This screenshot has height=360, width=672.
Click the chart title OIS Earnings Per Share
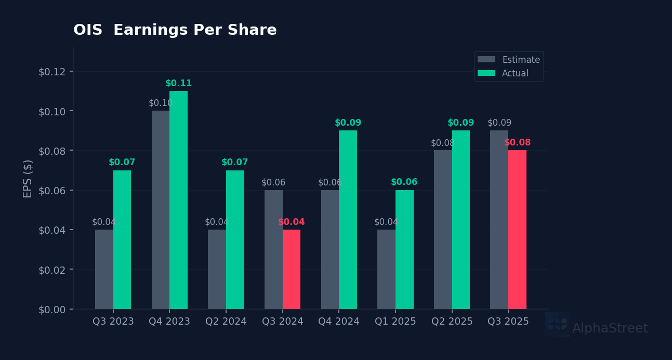(x=175, y=31)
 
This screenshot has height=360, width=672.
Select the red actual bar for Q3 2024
(x=292, y=269)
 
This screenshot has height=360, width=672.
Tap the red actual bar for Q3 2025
(x=517, y=230)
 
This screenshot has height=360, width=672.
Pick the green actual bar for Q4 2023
(x=178, y=200)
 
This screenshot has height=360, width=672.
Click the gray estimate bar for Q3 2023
(x=104, y=269)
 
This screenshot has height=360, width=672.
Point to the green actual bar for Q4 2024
(x=348, y=220)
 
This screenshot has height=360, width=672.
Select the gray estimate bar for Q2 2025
(x=443, y=230)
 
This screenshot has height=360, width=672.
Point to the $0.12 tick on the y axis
(x=52, y=71)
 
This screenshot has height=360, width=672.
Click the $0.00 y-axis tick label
(x=52, y=310)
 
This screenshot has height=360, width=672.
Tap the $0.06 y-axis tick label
(x=52, y=191)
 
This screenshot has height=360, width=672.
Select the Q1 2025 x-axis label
(x=396, y=322)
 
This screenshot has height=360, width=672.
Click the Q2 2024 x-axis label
(x=226, y=322)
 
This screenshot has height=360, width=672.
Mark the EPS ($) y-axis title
(x=28, y=178)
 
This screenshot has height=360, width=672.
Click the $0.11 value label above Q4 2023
(x=178, y=84)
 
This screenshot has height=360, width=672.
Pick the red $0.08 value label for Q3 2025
(x=517, y=143)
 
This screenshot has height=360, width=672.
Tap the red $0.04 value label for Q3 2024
(x=292, y=222)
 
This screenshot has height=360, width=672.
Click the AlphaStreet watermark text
(x=610, y=328)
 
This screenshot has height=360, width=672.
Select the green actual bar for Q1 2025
(x=404, y=249)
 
